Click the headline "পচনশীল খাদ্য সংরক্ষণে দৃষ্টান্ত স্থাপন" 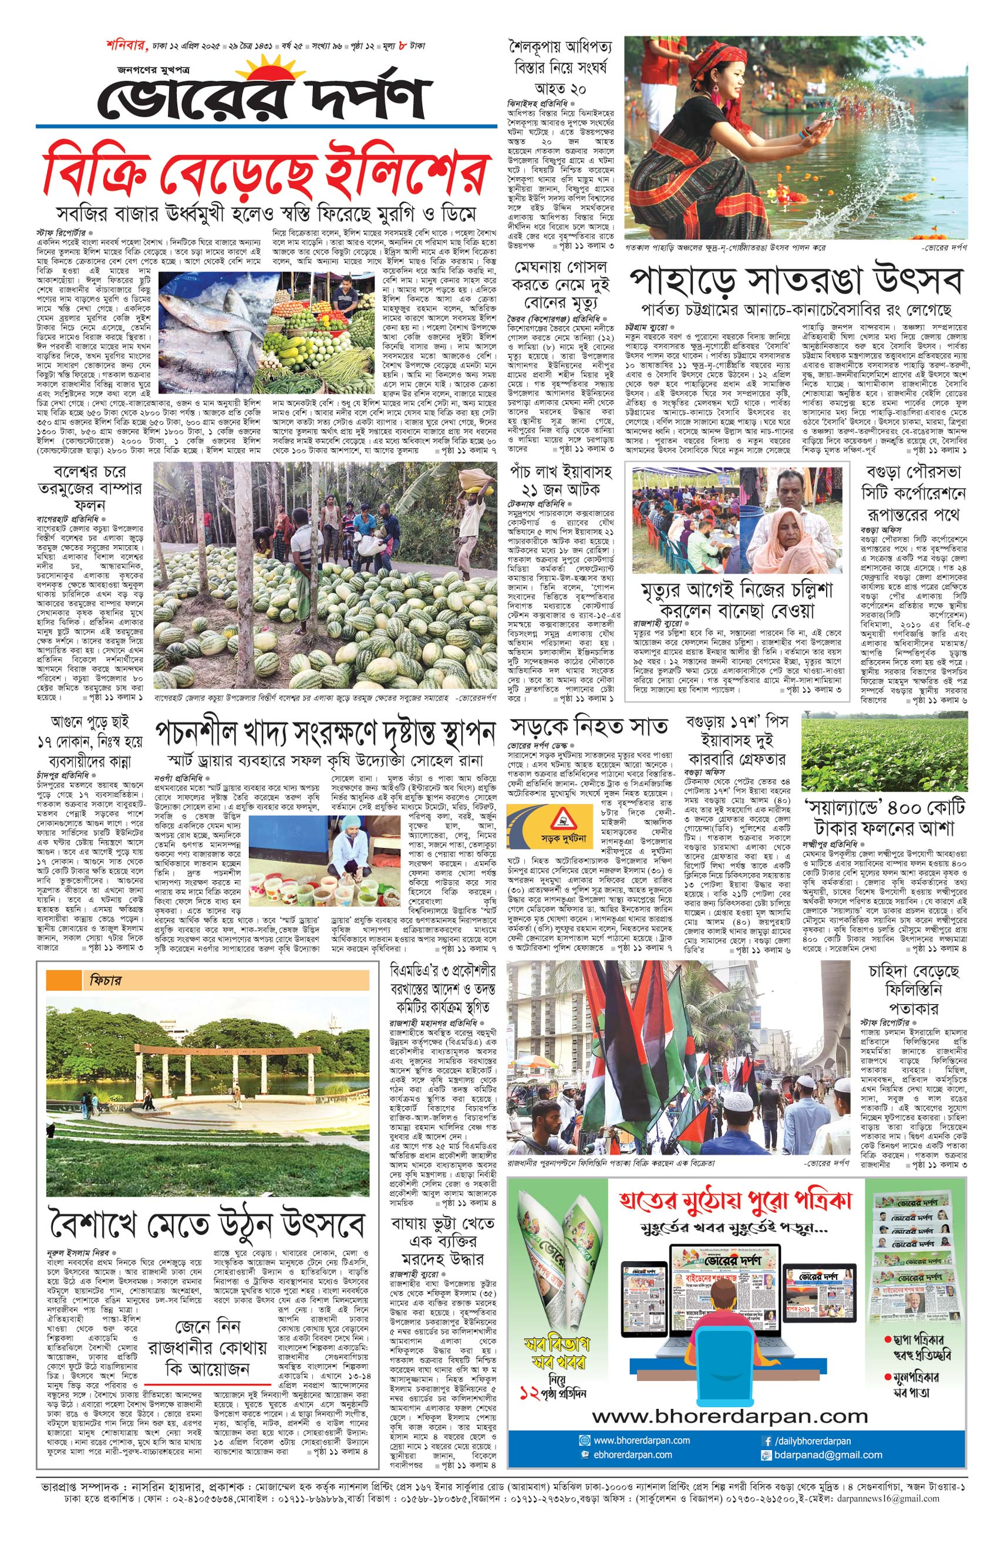(x=325, y=733)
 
